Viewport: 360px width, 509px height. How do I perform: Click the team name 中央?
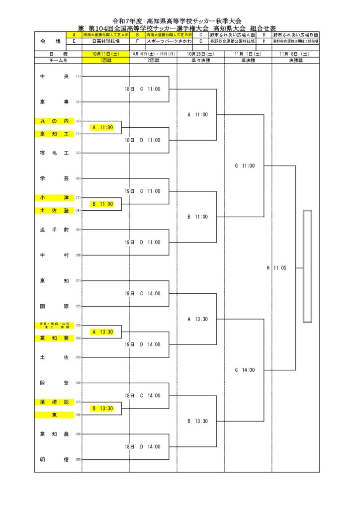[x=54, y=77]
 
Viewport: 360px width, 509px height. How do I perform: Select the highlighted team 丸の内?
[x=54, y=121]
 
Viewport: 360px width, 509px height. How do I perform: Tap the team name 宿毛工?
[x=54, y=153]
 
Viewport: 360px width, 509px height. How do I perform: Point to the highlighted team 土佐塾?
[x=54, y=210]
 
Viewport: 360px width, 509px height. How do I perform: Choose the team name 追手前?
[x=54, y=230]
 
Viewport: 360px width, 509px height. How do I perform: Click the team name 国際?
[x=54, y=306]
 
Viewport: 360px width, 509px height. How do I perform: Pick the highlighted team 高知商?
[x=54, y=338]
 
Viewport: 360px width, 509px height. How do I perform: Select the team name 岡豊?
[x=54, y=383]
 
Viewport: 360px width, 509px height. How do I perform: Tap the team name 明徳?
[x=54, y=459]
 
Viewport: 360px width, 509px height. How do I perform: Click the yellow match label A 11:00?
[x=102, y=128]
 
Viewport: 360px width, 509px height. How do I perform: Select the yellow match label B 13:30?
[x=102, y=409]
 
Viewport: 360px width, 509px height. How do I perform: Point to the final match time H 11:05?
[x=276, y=268]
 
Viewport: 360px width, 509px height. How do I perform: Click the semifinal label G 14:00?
[x=245, y=370]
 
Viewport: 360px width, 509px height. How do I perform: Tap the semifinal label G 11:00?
[x=245, y=166]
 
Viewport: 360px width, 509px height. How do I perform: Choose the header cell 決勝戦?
[x=295, y=60]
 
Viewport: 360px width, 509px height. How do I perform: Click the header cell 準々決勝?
[x=200, y=60]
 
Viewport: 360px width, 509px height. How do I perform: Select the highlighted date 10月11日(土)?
[x=105, y=53]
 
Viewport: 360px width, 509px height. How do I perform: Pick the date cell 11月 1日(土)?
[x=248, y=53]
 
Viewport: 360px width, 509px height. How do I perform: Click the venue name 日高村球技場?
[x=105, y=42]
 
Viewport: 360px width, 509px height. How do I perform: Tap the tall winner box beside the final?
[x=307, y=267]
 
